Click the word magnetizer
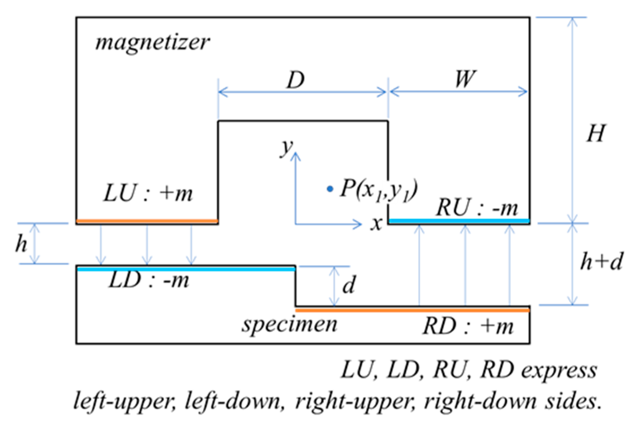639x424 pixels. point(153,43)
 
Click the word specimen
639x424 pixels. point(289,325)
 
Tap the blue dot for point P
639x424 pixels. point(330,189)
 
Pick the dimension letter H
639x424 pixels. point(596,134)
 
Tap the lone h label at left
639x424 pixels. point(21,243)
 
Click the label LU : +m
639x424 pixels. point(148,194)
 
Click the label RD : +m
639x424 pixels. point(468,326)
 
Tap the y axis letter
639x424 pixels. point(287,148)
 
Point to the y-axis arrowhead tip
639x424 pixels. point(295,153)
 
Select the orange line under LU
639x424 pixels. point(147,221)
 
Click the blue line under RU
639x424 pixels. point(459,221)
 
